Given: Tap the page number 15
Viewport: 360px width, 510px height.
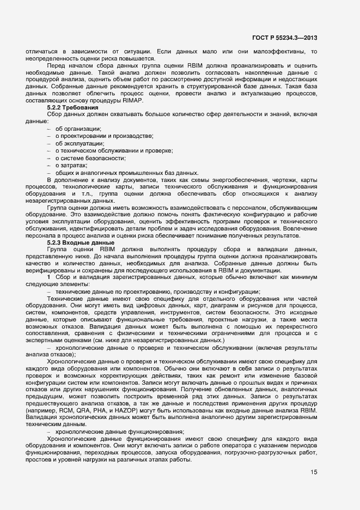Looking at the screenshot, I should pos(314,472).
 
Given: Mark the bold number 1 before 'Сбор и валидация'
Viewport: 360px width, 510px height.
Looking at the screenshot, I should pos(48,278).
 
